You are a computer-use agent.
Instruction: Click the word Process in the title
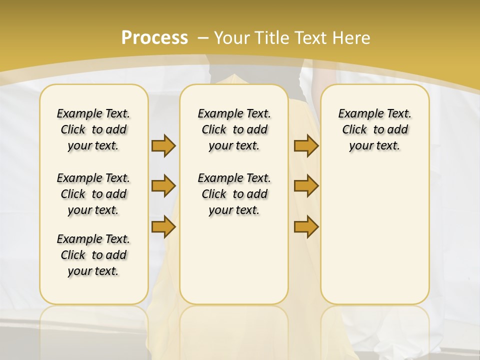(x=154, y=37)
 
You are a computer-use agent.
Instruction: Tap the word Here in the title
(x=352, y=37)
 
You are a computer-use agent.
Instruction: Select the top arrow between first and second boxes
(x=163, y=145)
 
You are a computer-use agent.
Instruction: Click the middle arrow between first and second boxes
(x=163, y=186)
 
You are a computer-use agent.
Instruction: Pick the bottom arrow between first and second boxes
(x=163, y=227)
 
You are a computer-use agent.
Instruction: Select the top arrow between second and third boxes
(x=306, y=145)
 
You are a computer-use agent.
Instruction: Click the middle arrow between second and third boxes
(x=306, y=186)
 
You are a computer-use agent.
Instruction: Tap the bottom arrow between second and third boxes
(x=306, y=227)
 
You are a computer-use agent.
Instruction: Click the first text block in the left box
(x=93, y=129)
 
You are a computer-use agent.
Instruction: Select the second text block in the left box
(x=93, y=194)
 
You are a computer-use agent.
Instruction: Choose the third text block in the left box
(x=93, y=255)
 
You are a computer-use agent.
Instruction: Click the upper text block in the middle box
(x=234, y=129)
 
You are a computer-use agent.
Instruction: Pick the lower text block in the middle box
(x=234, y=194)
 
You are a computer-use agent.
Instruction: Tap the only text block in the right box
(x=374, y=129)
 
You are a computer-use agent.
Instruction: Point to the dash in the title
(x=203, y=37)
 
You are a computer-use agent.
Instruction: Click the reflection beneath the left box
(x=93, y=327)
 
